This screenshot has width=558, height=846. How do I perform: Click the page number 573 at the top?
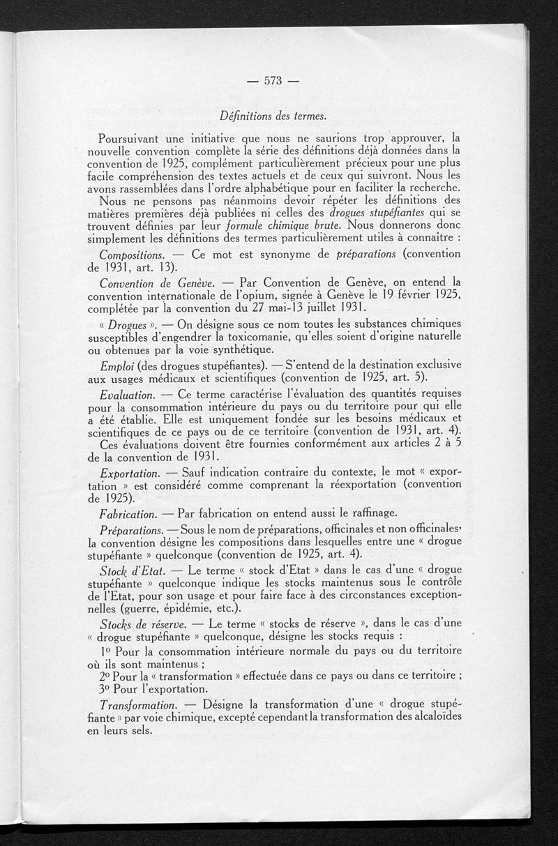tap(272, 81)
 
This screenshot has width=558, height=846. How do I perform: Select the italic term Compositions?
tap(133, 255)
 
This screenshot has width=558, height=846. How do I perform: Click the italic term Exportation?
tap(129, 474)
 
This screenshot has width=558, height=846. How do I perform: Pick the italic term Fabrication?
tap(128, 514)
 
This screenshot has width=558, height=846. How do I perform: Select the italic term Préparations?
tap(132, 530)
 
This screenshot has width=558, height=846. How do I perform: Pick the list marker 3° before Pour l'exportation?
tap(107, 689)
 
